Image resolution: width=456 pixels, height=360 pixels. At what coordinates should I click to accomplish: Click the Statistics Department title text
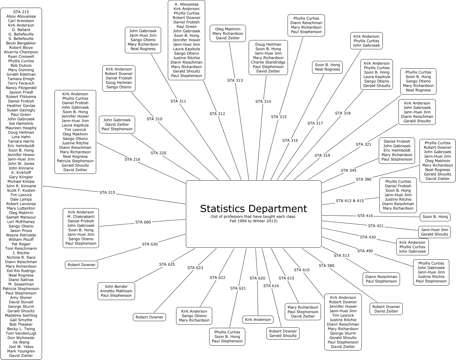254,208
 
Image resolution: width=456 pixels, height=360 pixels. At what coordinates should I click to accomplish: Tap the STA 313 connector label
235,81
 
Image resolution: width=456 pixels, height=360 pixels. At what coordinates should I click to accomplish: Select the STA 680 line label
143,222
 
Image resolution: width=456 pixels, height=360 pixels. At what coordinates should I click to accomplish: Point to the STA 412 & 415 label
350,201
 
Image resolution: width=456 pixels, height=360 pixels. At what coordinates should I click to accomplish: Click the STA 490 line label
365,251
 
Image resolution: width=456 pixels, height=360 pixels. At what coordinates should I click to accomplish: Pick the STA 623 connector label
195,268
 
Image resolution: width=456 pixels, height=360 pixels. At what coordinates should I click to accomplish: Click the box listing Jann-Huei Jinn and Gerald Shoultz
434,232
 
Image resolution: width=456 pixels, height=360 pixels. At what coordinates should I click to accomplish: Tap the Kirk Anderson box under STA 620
258,320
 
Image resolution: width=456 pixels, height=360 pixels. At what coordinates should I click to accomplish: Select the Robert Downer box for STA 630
81,265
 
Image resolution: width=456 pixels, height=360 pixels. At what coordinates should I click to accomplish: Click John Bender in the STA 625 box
116,287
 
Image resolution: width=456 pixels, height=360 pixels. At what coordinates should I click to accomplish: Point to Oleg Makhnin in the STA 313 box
228,29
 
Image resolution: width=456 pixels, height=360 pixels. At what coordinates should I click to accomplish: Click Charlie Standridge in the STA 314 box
268,62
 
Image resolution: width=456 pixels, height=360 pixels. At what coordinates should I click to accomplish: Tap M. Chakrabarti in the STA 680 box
81,217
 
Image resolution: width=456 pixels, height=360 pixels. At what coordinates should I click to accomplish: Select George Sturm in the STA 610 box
343,333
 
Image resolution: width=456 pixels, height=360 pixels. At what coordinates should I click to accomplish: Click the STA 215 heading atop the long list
21,12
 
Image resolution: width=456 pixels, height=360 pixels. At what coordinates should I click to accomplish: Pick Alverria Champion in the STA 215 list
21,52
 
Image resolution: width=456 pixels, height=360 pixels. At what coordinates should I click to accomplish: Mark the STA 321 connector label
364,144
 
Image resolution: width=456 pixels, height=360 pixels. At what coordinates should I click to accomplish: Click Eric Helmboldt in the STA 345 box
397,150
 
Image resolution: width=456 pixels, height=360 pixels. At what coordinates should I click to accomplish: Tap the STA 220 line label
158,153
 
